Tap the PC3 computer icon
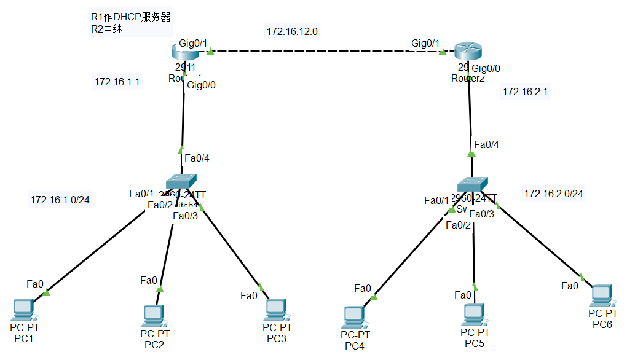tap(276, 309)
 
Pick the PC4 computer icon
tap(353, 316)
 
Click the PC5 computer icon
tap(473, 314)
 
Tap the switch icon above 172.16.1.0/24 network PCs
tap(182, 181)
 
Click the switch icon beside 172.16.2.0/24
tap(473, 184)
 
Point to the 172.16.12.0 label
tap(292, 31)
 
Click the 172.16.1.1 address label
tap(117, 82)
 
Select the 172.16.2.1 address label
tap(525, 92)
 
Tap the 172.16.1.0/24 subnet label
tap(60, 200)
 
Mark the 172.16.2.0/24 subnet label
tap(553, 194)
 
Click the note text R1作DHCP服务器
tap(131, 17)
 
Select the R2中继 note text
tap(106, 28)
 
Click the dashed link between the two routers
tap(326, 52)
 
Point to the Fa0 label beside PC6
tap(570, 286)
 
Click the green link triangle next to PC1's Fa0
tap(47, 292)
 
